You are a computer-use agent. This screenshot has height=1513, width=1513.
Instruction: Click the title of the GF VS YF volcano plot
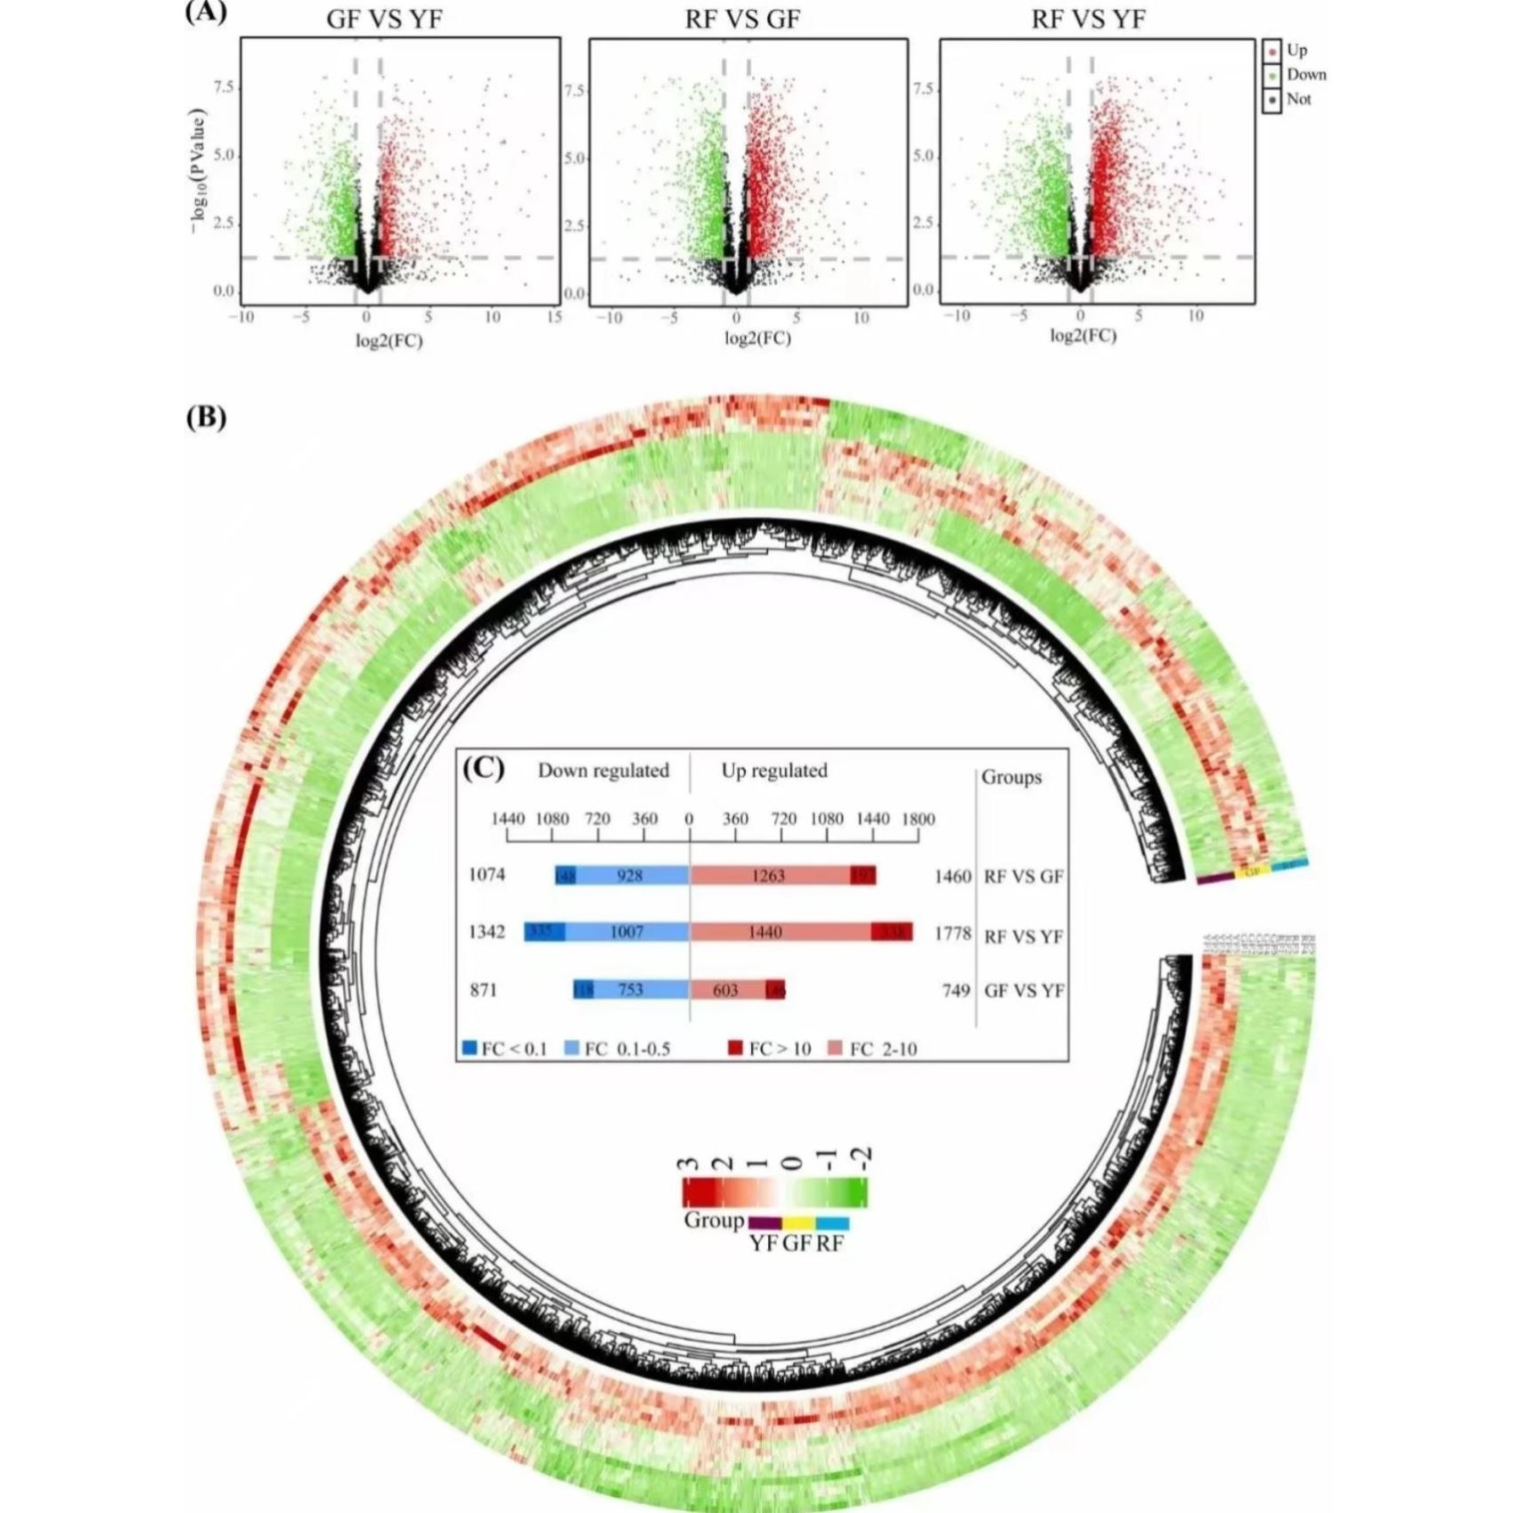click(384, 19)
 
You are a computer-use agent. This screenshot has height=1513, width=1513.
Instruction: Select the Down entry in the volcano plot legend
click(1305, 75)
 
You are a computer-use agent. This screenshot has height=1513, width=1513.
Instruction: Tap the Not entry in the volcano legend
click(1298, 99)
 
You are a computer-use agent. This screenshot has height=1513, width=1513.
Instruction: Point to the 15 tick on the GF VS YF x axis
click(554, 317)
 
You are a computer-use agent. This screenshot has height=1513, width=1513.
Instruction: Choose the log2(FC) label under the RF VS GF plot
click(756, 339)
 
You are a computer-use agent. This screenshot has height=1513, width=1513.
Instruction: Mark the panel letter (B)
click(206, 417)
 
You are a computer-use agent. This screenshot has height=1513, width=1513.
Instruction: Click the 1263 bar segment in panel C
click(769, 875)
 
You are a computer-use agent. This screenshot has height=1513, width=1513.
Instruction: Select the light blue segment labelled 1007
click(626, 932)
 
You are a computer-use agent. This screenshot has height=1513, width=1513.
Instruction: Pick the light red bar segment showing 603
click(725, 990)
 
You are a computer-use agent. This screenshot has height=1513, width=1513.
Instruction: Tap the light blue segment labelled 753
click(631, 990)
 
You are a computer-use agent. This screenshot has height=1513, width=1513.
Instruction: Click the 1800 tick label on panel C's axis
click(918, 819)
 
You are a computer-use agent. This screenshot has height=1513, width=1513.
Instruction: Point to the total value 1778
click(953, 934)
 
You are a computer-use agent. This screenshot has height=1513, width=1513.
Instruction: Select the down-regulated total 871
click(483, 990)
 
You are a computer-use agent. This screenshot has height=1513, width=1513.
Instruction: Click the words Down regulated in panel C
click(602, 771)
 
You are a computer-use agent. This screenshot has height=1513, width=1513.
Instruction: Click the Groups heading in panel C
click(1011, 777)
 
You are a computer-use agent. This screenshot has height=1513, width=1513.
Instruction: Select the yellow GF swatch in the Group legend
click(797, 1223)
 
